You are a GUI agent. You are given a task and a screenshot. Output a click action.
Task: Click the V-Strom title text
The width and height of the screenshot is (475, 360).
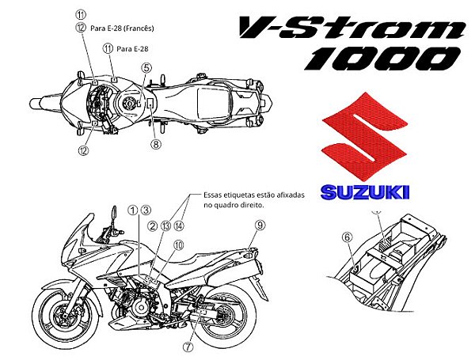(x=351, y=28)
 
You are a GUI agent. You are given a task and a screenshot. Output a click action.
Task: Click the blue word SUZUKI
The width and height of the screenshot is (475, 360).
(x=365, y=192)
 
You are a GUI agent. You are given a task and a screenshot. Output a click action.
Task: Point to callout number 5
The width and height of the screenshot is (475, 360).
(x=146, y=68)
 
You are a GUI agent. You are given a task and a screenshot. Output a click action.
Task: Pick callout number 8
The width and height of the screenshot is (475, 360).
(x=156, y=144)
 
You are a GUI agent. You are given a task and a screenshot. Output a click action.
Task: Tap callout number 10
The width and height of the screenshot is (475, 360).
(x=179, y=245)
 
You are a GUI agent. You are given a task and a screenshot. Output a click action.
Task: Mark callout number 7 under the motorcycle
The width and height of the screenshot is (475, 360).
(x=188, y=346)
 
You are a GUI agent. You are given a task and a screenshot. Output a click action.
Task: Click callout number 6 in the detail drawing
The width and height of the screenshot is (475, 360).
(x=347, y=236)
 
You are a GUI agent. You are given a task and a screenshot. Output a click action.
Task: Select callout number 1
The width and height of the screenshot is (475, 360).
(x=132, y=210)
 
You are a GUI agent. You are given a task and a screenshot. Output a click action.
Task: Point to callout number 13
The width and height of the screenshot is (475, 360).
(x=165, y=225)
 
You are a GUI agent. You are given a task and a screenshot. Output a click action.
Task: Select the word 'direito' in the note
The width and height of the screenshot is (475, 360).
(x=249, y=205)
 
